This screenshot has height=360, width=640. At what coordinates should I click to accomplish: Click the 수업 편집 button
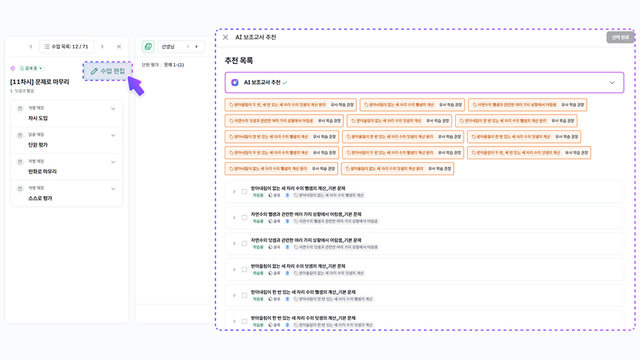pos(107,71)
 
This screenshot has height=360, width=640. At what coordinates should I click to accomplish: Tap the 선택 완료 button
pos(620,37)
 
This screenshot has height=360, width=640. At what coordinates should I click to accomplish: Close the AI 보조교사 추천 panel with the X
pos(225,37)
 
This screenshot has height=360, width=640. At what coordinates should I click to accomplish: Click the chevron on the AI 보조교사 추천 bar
pos(612,83)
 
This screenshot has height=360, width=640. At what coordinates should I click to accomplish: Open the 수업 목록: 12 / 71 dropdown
pos(66,47)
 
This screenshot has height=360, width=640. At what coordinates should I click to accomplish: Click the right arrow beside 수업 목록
pos(102,47)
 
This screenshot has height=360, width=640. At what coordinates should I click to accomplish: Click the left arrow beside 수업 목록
pos(31,47)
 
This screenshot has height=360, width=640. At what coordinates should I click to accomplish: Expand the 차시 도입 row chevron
pos(113,109)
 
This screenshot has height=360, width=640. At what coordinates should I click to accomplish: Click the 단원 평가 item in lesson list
pos(38,144)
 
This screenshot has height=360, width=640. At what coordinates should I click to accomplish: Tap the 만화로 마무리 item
pos(43,171)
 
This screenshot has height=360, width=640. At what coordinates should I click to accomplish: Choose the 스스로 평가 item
pos(40,198)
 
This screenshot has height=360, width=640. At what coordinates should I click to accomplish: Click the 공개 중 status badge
pos(31,68)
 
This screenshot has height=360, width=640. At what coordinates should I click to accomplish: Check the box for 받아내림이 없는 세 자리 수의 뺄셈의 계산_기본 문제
pos(244,191)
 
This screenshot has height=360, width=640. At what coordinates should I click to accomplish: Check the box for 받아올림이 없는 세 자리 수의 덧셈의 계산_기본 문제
pos(244,270)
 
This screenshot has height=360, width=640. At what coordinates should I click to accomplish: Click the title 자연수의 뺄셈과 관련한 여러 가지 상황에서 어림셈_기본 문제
pos(306,213)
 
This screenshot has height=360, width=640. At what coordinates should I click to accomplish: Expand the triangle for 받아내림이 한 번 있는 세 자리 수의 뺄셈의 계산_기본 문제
pos(233,296)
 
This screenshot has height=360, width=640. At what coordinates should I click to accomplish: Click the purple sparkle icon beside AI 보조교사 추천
pos(235,83)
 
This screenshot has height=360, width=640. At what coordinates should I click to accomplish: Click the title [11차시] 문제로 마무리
pos(40,82)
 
